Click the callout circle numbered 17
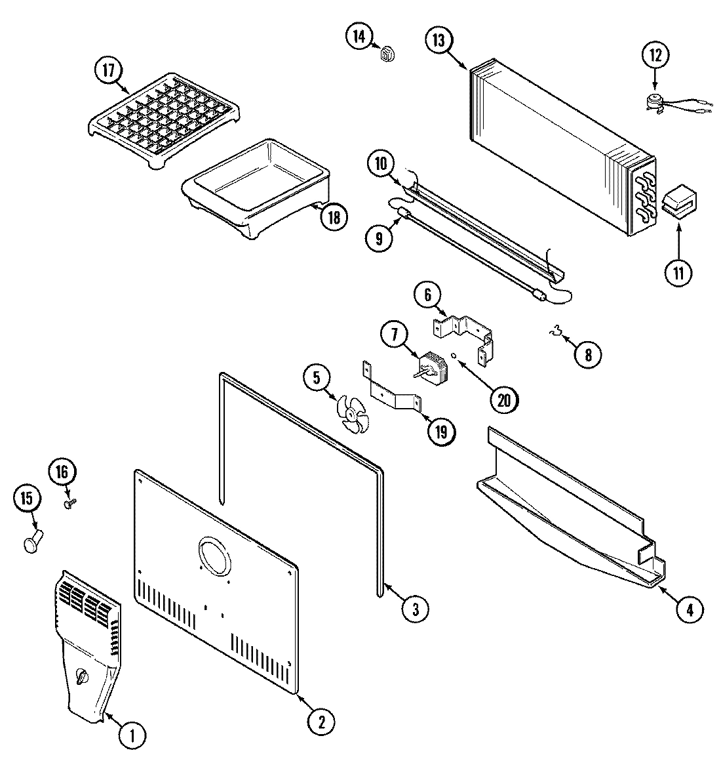coord(109,70)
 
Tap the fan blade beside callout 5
coord(353,415)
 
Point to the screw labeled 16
coord(71,503)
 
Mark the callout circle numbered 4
coord(689,609)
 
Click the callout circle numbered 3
coord(416,609)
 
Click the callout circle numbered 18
coord(334,216)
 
